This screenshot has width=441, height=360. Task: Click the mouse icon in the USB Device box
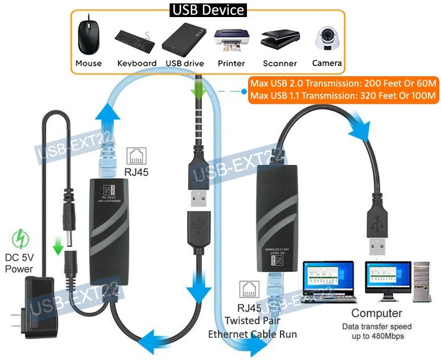click(88, 37)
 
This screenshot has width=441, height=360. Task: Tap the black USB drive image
click(184, 40)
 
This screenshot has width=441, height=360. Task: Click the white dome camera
click(327, 38)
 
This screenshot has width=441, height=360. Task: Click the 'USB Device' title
click(208, 10)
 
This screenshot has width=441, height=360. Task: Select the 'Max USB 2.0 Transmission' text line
click(343, 84)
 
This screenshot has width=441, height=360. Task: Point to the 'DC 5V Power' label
click(20, 263)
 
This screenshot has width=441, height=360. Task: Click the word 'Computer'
click(376, 313)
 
